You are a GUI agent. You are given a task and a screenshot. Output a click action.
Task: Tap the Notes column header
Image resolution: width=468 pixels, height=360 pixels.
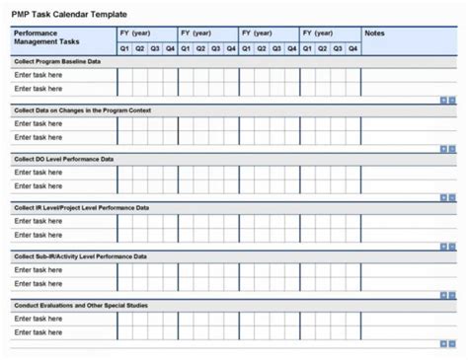[x=374, y=34]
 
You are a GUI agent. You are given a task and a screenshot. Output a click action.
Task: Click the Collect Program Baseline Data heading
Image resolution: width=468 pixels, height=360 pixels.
[x=57, y=61]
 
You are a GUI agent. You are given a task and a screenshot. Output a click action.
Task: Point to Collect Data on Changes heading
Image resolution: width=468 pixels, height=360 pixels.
[x=81, y=109]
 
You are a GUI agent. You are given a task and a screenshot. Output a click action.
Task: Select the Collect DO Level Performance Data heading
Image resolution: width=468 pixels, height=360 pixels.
[x=63, y=158]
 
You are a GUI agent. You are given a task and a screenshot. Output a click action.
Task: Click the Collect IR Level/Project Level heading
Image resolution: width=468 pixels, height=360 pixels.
[x=81, y=207]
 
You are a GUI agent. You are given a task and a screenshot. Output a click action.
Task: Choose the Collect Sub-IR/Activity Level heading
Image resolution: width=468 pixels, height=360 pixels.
[x=80, y=255]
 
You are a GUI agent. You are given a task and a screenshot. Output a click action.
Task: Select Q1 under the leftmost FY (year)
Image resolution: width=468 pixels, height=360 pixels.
[x=124, y=47]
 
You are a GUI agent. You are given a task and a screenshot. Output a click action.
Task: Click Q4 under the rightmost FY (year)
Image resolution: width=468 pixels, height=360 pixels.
[x=352, y=47]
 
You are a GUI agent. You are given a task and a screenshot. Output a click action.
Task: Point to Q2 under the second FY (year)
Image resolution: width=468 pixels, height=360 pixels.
[x=200, y=47]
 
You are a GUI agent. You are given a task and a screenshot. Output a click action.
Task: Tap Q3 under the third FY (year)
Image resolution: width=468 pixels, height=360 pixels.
[x=276, y=47]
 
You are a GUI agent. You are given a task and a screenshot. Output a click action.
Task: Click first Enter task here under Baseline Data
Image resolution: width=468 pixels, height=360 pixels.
[x=39, y=75]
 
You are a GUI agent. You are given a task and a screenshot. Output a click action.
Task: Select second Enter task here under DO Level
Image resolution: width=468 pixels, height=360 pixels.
[x=39, y=186]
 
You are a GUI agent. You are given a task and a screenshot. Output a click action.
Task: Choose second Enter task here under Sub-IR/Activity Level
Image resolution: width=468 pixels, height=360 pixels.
[x=39, y=284]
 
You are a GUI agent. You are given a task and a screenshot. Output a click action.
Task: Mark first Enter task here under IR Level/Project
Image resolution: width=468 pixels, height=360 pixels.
[x=39, y=221]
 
